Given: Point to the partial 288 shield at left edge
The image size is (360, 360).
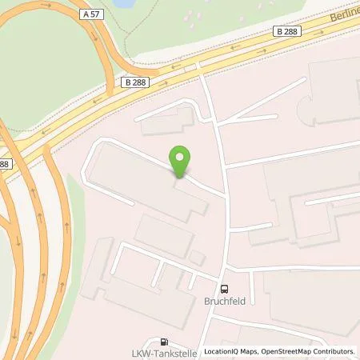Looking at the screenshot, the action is (x=4, y=163).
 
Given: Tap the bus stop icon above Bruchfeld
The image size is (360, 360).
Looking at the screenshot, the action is (x=225, y=290).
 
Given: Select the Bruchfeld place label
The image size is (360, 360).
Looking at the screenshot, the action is (x=225, y=304).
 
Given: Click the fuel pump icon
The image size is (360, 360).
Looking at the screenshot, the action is (x=165, y=341).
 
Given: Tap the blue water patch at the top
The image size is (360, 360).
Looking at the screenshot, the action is (x=125, y=3).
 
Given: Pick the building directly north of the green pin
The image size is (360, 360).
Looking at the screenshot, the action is (x=168, y=122).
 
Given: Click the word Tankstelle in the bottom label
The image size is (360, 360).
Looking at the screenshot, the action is (x=177, y=353).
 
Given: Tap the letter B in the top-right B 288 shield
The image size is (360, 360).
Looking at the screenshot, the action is (x=280, y=31).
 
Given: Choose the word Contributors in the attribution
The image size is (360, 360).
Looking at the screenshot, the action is (x=333, y=351).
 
